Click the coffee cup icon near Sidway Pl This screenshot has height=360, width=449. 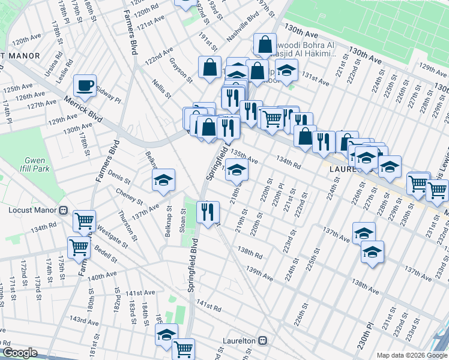point(85,85)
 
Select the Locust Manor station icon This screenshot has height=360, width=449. point(62,210)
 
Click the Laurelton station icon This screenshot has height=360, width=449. point(262,340)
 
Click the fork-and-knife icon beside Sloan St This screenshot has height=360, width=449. point(208,211)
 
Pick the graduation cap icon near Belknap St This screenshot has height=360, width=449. point(163,180)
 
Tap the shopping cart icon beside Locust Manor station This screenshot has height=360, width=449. point(85,220)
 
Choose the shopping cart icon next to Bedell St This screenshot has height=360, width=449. point(79,246)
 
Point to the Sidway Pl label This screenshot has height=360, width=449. point(109,94)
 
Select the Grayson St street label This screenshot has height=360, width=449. point(181,70)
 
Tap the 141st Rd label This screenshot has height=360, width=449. point(209,308)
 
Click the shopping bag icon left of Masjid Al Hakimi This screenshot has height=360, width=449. point(265,44)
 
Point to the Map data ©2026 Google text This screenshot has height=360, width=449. point(411,355)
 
